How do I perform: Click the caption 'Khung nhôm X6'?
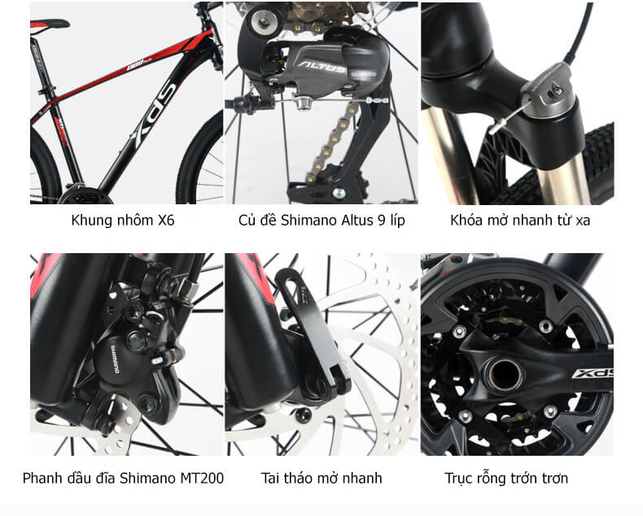pyautogui.click(x=123, y=221)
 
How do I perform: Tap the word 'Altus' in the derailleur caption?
pyautogui.click(x=355, y=221)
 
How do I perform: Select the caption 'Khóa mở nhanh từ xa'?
pyautogui.click(x=520, y=221)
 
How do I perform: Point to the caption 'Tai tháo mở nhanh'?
pyautogui.click(x=321, y=479)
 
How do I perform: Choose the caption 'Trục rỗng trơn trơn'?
pyautogui.click(x=506, y=479)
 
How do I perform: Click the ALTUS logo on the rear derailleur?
pyautogui.click(x=321, y=68)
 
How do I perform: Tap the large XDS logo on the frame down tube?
pyautogui.click(x=154, y=115)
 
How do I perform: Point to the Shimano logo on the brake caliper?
pyautogui.click(x=115, y=359)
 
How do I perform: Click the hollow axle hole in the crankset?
pyautogui.click(x=505, y=375)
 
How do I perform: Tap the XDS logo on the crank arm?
pyautogui.click(x=593, y=374)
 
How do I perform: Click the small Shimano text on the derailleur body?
pyautogui.click(x=363, y=74)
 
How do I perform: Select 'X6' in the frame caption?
pyautogui.click(x=166, y=221)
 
